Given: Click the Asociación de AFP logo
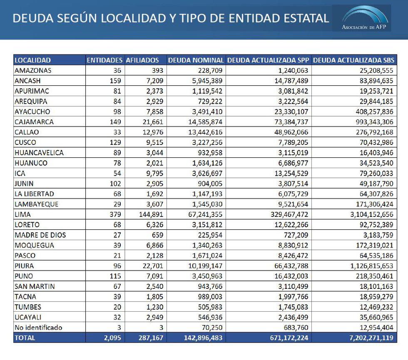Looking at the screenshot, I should (x=365, y=19).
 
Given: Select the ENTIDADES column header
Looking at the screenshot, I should (x=104, y=60).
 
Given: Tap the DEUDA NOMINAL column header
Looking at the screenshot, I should (x=196, y=60).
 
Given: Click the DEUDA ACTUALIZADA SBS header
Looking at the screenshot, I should (x=353, y=60).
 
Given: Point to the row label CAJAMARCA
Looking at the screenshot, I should (x=34, y=122).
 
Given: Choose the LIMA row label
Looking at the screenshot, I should (x=22, y=214).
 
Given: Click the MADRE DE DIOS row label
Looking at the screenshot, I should (x=40, y=235).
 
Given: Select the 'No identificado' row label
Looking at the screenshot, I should (x=38, y=328).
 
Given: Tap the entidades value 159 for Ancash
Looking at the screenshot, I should (x=115, y=81).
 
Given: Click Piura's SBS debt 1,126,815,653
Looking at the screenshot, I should (x=366, y=266).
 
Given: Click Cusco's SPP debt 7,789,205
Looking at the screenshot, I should (x=290, y=142).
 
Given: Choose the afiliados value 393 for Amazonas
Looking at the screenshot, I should (x=158, y=71).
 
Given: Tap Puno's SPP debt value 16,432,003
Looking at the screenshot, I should (x=289, y=276).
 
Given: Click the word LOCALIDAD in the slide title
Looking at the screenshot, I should (x=140, y=18).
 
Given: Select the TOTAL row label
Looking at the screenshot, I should (x=25, y=338).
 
